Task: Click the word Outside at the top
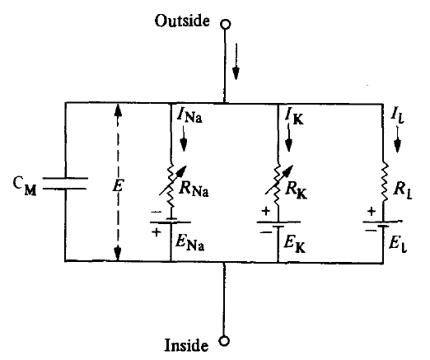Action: [183, 21]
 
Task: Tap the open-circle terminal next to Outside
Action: [222, 23]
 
